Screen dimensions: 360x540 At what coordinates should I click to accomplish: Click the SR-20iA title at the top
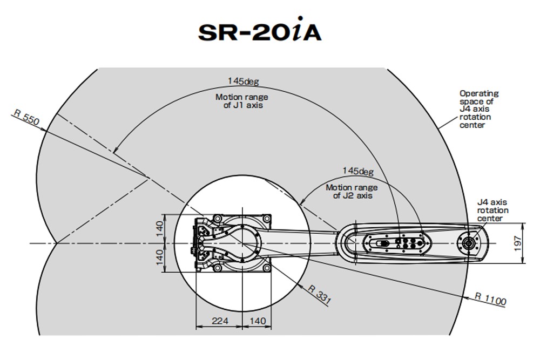[260, 32]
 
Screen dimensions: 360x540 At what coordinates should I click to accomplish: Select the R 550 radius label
[26, 117]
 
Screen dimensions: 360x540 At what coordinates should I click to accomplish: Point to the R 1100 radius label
[491, 299]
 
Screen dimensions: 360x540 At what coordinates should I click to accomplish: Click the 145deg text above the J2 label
[358, 171]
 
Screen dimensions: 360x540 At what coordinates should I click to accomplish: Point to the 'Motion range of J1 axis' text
[242, 101]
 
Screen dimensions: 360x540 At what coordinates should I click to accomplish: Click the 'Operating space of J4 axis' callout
[479, 109]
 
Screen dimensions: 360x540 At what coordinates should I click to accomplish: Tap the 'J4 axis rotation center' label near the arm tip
[492, 210]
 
